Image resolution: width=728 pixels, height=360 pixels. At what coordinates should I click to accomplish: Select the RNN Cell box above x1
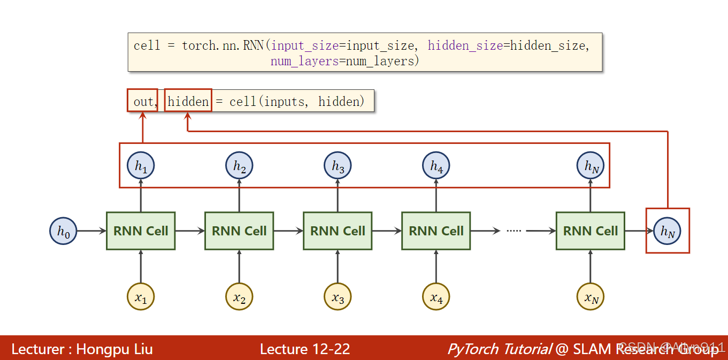(x=141, y=231)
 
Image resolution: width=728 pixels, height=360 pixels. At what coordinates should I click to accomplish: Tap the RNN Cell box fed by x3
(x=338, y=231)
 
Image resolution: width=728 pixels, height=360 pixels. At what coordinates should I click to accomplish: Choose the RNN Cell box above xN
(x=591, y=231)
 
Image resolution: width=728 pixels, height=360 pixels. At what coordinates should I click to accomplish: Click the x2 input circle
(x=239, y=296)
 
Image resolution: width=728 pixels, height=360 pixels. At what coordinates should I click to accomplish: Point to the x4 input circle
(x=436, y=296)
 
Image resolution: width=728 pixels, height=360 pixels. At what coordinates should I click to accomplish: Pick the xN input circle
(x=591, y=296)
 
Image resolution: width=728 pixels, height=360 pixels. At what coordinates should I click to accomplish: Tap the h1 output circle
(x=141, y=166)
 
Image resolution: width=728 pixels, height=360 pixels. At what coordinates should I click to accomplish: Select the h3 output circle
(x=338, y=166)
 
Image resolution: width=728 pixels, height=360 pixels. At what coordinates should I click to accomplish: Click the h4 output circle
(x=436, y=166)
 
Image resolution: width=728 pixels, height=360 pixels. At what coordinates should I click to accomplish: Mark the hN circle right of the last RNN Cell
(x=667, y=231)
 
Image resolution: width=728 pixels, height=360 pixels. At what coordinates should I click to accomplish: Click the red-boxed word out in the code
(x=142, y=101)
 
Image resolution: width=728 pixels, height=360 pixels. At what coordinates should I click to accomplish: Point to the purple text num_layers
(x=304, y=61)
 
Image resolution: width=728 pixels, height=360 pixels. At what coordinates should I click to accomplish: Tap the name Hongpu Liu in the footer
(x=114, y=349)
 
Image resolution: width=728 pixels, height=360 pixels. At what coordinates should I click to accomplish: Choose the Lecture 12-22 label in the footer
(x=305, y=349)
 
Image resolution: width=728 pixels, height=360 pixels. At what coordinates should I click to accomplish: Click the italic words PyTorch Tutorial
(x=499, y=349)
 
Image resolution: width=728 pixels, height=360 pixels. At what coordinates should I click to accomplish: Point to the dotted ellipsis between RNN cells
(x=514, y=231)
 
